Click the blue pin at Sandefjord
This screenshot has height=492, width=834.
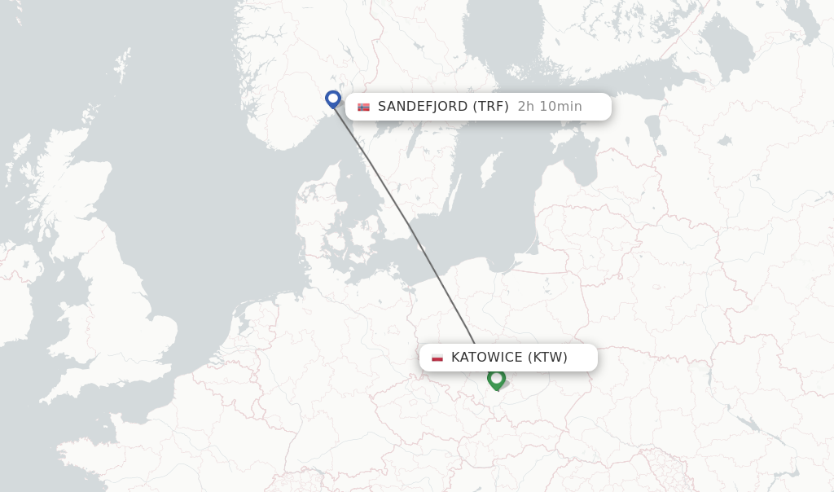pos(332,99)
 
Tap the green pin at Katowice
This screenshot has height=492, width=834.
pos(496,378)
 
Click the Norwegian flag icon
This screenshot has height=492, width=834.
pos(363,107)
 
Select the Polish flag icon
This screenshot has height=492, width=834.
pos(437,358)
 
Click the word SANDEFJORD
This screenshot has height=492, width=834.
pos(423,107)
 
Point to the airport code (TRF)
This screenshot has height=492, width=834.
pos(490,107)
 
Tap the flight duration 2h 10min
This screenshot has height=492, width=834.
pos(550,107)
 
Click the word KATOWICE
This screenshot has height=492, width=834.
pos(486,358)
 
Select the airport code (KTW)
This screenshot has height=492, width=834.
pos(547,358)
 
